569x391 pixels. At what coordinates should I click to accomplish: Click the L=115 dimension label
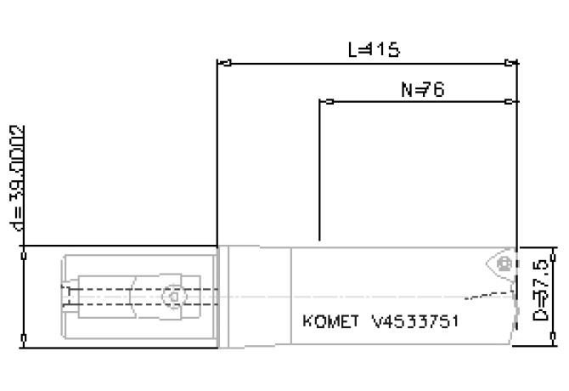click(374, 49)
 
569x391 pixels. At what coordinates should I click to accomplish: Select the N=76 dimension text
click(423, 89)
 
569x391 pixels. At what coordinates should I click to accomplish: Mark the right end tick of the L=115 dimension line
click(512, 62)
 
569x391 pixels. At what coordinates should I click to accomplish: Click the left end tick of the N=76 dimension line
click(324, 102)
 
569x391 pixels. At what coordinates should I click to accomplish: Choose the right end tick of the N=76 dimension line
click(511, 102)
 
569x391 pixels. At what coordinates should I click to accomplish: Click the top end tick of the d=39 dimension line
click(23, 247)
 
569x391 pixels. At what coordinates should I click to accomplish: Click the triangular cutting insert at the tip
click(502, 263)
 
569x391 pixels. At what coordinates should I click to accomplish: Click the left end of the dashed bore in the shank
click(66, 296)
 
